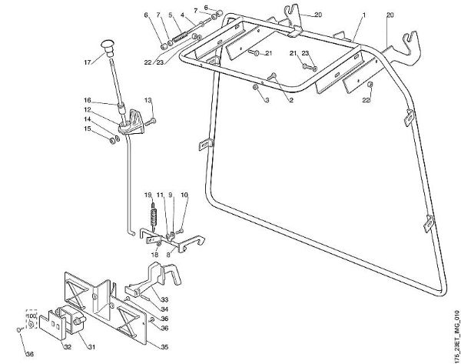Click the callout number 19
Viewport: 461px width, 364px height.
click(148, 195)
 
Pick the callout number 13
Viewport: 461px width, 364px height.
click(148, 100)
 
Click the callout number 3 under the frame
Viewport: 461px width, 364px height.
click(266, 101)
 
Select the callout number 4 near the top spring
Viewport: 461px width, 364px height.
click(181, 15)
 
